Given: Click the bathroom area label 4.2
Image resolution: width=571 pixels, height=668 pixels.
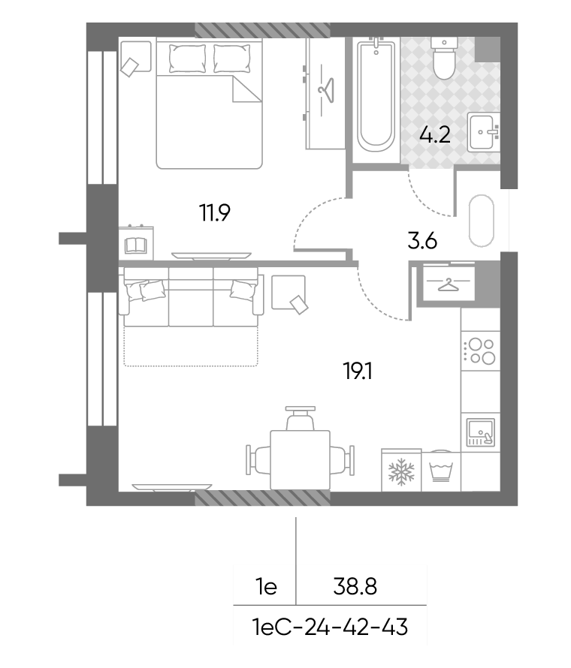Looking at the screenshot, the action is [434, 135].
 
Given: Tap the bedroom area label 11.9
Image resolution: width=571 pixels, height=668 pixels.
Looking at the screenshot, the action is [215, 212].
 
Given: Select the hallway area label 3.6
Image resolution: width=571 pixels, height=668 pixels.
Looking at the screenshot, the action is [422, 242].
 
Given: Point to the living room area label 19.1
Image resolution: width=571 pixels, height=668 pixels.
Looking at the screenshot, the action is [358, 371].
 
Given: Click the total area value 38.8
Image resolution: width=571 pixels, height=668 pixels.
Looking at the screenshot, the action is [355, 587].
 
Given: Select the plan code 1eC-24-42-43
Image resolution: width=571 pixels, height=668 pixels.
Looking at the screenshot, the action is [330, 627].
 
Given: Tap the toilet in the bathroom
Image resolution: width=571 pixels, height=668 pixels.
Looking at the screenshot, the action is [444, 58].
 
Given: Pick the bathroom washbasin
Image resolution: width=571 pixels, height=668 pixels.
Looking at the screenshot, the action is [484, 132].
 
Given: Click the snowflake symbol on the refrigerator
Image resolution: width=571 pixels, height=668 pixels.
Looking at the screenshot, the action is [401, 471].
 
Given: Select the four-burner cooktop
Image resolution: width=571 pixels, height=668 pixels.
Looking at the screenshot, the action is [482, 351].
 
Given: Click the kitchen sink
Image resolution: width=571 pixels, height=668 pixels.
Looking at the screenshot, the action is [481, 432].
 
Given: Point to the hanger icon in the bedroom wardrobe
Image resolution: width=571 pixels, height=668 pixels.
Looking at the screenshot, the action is [326, 90].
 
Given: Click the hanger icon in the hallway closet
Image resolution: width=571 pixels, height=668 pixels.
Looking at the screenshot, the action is [448, 285].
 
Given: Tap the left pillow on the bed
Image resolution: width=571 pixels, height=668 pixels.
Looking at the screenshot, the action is [187, 59].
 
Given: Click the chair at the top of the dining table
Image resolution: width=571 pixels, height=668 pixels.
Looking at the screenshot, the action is [301, 418].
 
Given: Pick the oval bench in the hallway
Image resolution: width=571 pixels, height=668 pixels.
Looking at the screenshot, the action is [482, 221].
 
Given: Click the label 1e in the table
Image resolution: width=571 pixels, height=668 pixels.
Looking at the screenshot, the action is [266, 587].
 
